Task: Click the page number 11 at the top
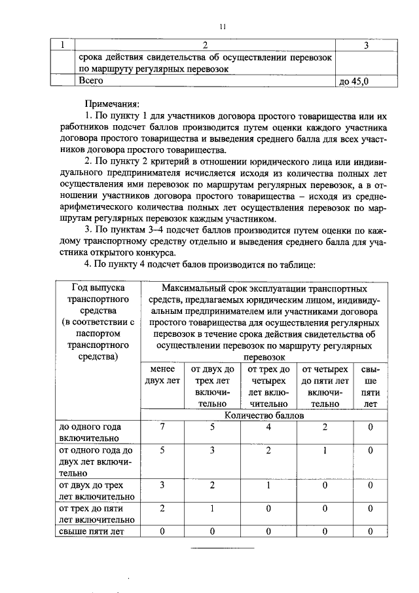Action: pyautogui.click(x=223, y=26)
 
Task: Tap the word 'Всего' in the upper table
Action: pyautogui.click(x=91, y=81)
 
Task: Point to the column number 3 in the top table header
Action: pyautogui.click(x=365, y=46)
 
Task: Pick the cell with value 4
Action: pyautogui.click(x=268, y=427)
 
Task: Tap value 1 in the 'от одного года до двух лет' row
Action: pyautogui.click(x=325, y=450)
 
